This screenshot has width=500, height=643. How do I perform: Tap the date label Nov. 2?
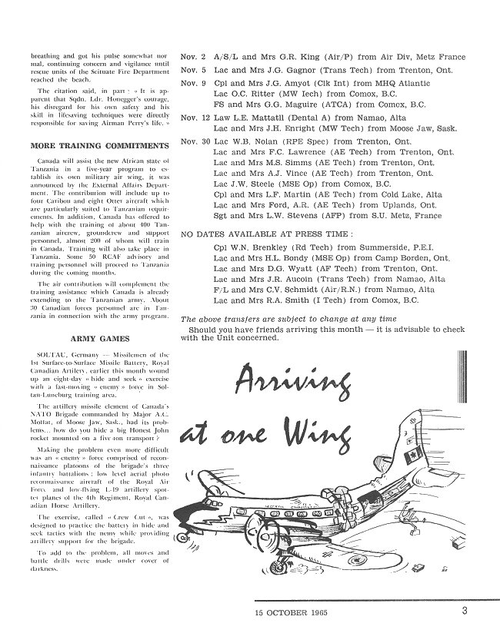(x=192, y=57)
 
